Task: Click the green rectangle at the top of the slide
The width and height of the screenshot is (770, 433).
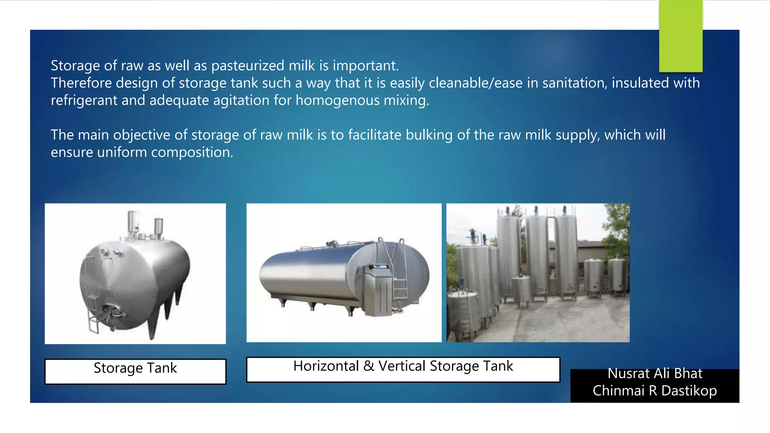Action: [681, 36]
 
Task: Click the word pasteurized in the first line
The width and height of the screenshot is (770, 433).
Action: [248, 66]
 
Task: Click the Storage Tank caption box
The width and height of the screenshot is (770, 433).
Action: [135, 371]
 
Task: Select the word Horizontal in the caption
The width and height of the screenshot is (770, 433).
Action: [326, 366]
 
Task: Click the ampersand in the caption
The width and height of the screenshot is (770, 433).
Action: [369, 366]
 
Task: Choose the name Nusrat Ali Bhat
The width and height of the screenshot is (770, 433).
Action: [655, 374]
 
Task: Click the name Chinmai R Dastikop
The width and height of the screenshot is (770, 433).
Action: [655, 391]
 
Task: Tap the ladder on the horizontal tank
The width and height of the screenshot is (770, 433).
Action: [399, 271]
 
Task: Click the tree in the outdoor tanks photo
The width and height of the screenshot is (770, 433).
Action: [617, 229]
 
